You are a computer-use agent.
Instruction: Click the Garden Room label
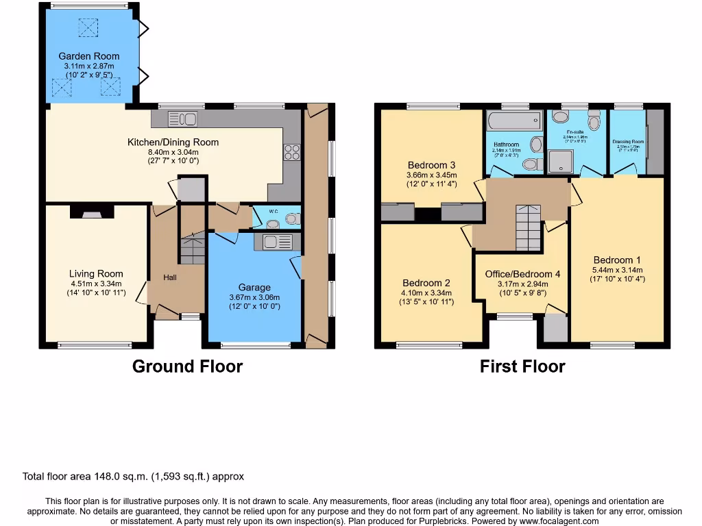[88, 56]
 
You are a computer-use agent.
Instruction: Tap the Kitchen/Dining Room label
[173, 142]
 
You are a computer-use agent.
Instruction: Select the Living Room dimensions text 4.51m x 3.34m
[95, 284]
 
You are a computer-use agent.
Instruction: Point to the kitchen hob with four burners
[291, 153]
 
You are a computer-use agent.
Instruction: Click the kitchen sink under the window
[182, 119]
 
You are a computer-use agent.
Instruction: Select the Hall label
[170, 278]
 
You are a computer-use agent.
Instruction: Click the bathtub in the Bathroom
[513, 121]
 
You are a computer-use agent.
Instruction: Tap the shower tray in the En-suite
[561, 162]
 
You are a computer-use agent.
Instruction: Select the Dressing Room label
[628, 142]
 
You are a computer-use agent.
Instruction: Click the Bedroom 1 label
[617, 260]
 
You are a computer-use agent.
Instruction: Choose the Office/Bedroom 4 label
[522, 274]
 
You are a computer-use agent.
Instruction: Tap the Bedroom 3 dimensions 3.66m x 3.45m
[431, 175]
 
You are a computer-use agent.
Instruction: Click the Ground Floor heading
[187, 366]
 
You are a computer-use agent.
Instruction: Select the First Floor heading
[522, 366]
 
